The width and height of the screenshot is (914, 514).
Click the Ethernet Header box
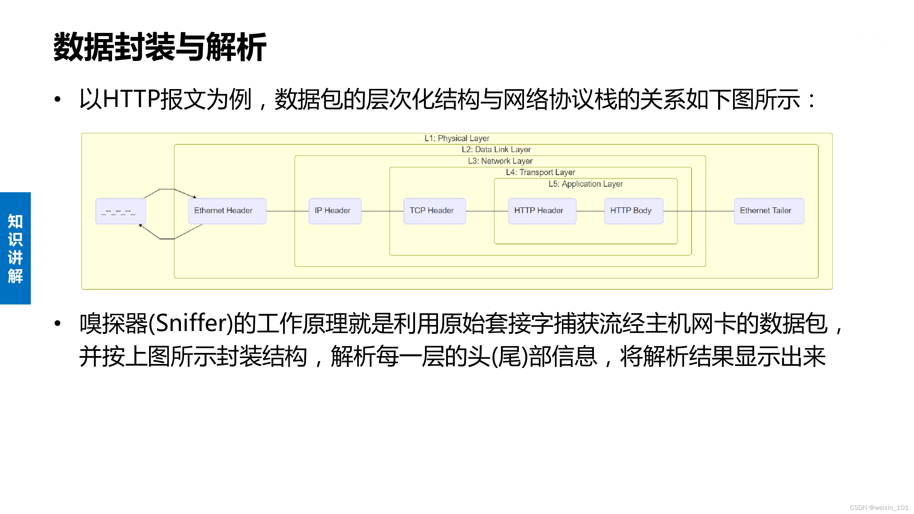227,211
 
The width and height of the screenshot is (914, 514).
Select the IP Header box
334,211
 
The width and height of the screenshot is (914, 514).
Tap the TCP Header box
434,211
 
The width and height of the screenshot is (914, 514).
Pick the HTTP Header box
542,211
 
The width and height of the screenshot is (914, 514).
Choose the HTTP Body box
633,211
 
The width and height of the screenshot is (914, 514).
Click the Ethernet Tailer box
769,211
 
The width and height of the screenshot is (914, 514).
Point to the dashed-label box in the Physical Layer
121,211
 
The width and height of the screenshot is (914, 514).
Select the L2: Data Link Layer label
496,149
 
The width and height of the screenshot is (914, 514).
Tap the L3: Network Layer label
500,161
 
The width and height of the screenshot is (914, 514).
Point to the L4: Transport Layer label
540,172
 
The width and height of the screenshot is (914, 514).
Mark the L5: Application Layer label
585,184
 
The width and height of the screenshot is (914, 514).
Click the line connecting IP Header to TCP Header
382,211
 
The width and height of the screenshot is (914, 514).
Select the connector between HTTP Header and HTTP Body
590,211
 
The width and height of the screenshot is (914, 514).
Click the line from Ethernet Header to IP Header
288,211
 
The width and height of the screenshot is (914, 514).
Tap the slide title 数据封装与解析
160,47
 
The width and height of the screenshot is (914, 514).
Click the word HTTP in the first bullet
131,99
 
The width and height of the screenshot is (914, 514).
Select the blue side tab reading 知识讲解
15,248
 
